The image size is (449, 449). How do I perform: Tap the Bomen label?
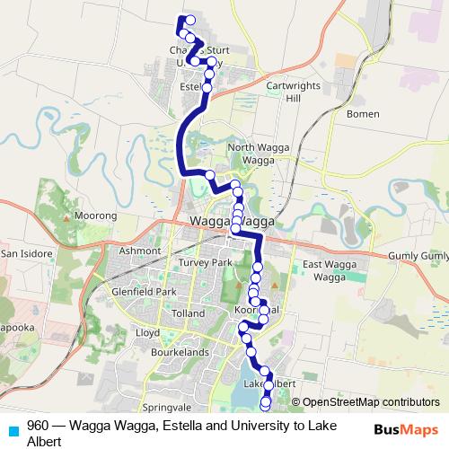tap(365, 114)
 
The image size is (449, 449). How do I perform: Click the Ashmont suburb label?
tap(139, 251)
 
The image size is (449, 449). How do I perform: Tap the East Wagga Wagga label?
tap(330, 270)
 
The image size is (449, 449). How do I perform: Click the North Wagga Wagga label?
tap(255, 153)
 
